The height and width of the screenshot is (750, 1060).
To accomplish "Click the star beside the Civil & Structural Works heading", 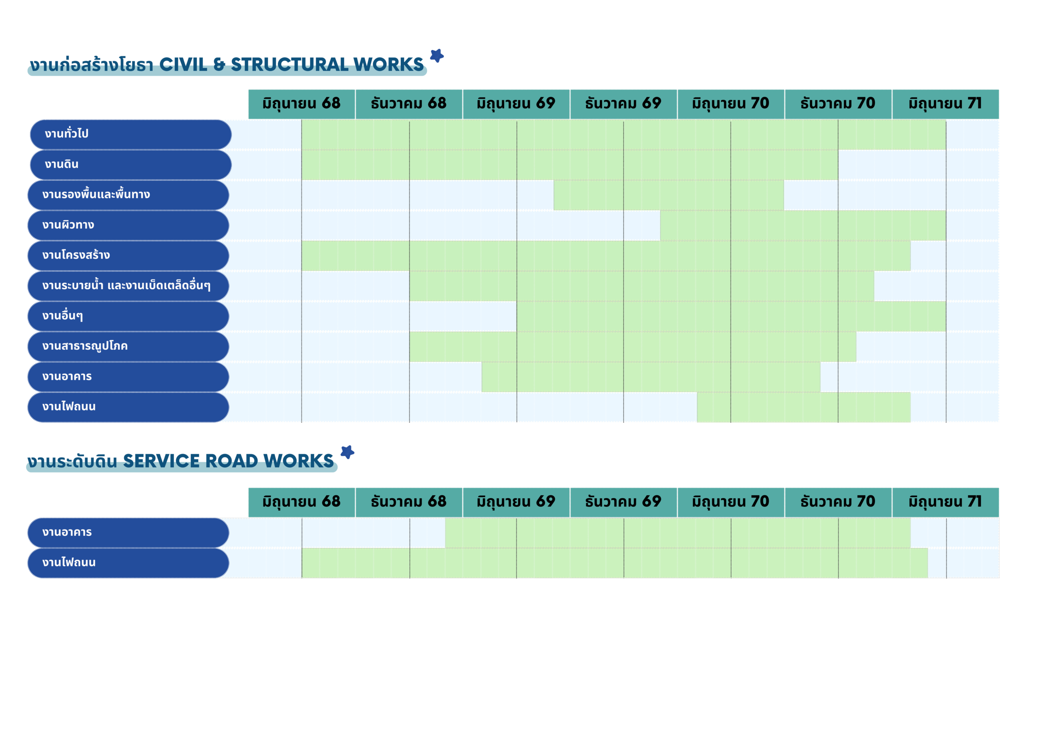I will (x=436, y=56).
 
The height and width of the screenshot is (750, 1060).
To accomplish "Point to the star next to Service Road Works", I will (x=347, y=452).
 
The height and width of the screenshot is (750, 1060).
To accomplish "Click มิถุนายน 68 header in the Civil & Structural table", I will (x=301, y=104).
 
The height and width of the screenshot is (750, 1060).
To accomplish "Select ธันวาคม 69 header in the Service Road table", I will (x=623, y=502).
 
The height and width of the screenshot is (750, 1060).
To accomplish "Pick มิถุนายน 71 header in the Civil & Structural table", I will (x=945, y=104).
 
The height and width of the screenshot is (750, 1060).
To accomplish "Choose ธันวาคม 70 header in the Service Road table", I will (x=838, y=502).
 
